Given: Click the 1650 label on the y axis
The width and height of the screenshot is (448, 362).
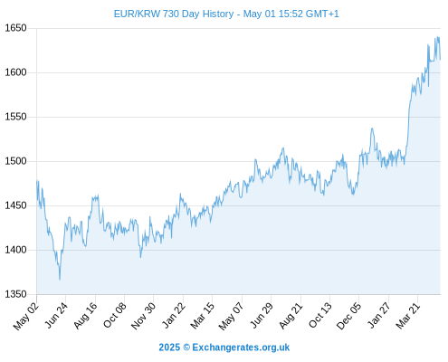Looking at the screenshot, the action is [15, 28].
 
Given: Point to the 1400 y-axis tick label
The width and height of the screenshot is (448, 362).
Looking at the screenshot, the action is [15, 250].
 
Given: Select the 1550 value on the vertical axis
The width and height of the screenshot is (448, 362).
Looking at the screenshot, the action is [15, 117].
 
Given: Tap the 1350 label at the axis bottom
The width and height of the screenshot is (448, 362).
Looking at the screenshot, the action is [15, 294].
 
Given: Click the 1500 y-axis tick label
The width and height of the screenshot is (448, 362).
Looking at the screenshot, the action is [15, 161].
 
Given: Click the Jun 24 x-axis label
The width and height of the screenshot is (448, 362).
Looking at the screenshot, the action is [56, 315].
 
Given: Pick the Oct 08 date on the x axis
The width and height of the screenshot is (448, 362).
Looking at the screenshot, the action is [114, 315].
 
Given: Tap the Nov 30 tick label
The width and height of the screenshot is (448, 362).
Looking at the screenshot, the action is [143, 316].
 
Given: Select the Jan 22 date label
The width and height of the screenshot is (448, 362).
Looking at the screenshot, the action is [174, 315].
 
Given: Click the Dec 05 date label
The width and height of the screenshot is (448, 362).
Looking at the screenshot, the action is [348, 316].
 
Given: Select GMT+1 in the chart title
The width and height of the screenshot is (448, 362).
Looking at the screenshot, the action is [322, 14].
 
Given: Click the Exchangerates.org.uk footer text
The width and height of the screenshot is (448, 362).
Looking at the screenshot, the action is [241, 348].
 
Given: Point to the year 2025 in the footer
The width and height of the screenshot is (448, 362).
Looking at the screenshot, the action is [169, 348].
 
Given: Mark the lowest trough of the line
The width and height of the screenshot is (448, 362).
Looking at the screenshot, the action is [60, 280].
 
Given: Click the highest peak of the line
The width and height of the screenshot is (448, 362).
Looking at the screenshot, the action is [437, 37].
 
